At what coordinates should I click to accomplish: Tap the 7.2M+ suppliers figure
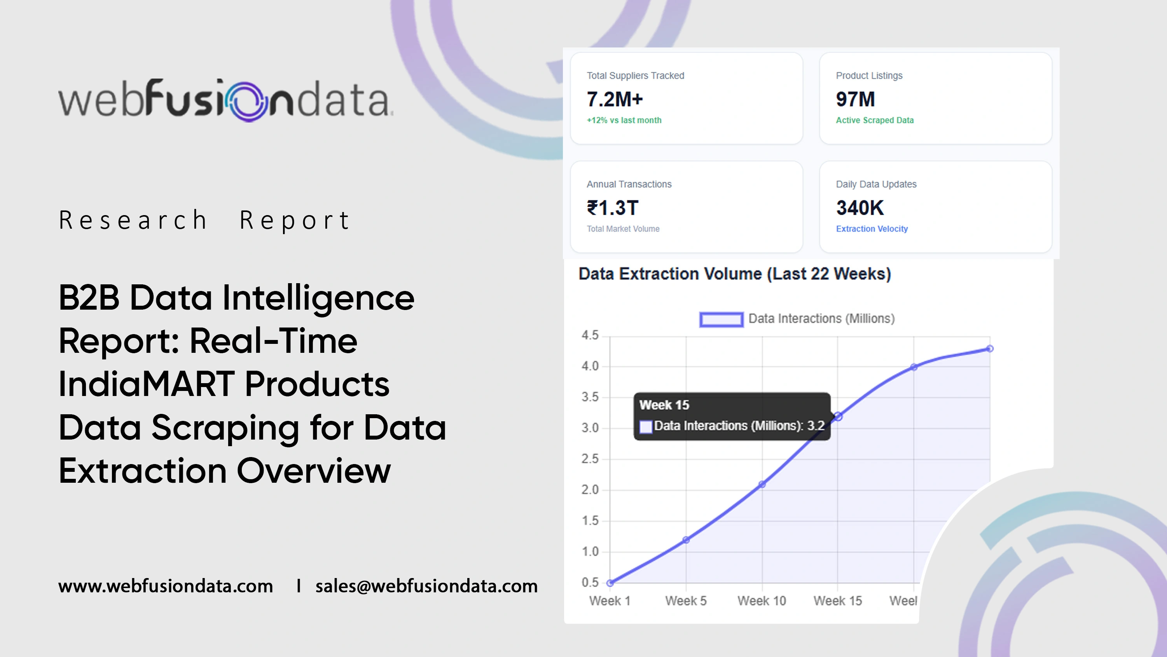coord(615,99)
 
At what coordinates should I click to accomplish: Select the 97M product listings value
coord(855,99)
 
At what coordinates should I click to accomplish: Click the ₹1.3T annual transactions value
coord(613,208)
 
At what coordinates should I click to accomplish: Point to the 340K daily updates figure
coord(860,208)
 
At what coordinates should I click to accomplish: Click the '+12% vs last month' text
coord(624,120)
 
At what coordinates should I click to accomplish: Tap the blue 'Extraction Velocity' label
coord(872,229)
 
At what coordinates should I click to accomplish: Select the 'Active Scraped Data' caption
coord(875,120)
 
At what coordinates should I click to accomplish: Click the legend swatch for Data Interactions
coord(721,319)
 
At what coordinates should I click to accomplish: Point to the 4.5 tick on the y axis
coord(590,335)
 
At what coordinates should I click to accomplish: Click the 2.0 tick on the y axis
coord(590,490)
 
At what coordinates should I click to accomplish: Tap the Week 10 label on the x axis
coord(762,601)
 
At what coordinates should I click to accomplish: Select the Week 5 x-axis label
coord(686,601)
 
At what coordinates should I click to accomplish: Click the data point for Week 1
coord(610,583)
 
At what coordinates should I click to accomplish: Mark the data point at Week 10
coord(762,484)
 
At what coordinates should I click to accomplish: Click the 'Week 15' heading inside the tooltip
coord(664,405)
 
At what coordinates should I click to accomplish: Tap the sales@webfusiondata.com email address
coord(427,586)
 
